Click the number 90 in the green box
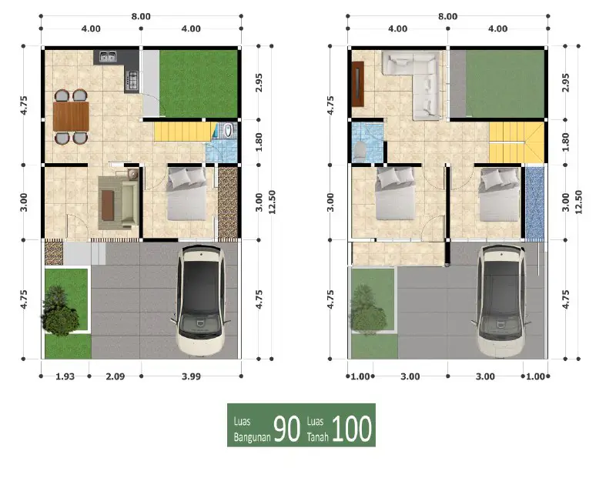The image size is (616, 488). [x=287, y=429]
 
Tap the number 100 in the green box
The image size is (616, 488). [x=353, y=429]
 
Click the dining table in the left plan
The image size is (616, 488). [x=71, y=117]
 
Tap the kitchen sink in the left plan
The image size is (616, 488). [x=106, y=56]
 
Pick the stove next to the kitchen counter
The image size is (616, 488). [x=132, y=78]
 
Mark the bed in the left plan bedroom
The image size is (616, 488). [x=189, y=202]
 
